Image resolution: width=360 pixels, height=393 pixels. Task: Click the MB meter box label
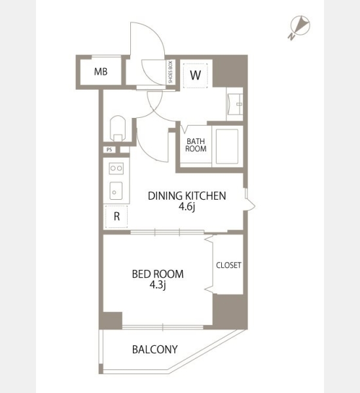tap(101, 71)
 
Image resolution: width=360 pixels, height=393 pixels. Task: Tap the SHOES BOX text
tap(171, 72)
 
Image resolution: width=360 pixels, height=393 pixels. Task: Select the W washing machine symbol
tap(195, 75)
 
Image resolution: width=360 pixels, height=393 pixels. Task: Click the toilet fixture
tap(118, 128)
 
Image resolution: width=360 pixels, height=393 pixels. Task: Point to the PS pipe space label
tap(109, 149)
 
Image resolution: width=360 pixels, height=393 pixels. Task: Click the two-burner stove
tap(117, 168)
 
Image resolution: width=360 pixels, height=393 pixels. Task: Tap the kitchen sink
tap(116, 191)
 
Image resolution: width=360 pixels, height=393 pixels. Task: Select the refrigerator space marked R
tap(117, 217)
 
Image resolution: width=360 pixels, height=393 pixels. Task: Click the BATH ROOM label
tap(196, 145)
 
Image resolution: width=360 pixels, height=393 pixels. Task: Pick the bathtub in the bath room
tap(226, 146)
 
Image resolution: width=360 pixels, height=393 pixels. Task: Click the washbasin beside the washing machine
tap(235, 104)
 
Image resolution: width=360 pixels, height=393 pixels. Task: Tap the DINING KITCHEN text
tap(187, 196)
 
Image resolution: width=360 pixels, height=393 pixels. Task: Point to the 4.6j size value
tap(187, 207)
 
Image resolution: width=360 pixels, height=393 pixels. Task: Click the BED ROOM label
tap(158, 274)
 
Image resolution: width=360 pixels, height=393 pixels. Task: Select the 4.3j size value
tap(158, 285)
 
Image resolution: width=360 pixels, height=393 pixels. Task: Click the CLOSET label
tap(228, 265)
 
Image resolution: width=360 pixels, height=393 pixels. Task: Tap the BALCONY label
tap(155, 349)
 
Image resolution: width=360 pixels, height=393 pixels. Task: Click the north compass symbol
tap(300, 26)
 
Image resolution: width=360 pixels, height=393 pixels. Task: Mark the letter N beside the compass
tap(291, 37)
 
